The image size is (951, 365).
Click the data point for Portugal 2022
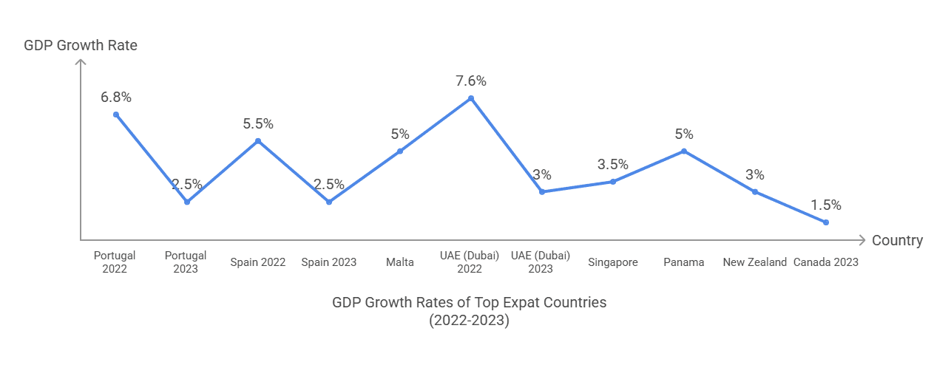116,115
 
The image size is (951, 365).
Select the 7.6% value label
471,81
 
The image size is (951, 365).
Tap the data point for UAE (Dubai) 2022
471,98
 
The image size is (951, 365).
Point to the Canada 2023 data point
826,222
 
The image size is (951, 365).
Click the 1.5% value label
826,205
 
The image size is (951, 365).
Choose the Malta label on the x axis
400,262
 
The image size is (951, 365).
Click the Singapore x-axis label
613,262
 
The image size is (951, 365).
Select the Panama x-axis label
684,262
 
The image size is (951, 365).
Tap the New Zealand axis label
755,262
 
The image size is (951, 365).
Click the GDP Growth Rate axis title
81,46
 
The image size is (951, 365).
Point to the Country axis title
897,240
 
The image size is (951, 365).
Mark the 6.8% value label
116,98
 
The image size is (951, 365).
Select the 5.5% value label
258,124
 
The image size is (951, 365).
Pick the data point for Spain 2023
329,202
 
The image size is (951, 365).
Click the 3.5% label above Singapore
613,165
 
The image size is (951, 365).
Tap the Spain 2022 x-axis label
258,262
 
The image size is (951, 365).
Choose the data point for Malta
400,151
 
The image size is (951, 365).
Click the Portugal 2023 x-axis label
186,262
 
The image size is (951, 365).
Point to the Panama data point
684,151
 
